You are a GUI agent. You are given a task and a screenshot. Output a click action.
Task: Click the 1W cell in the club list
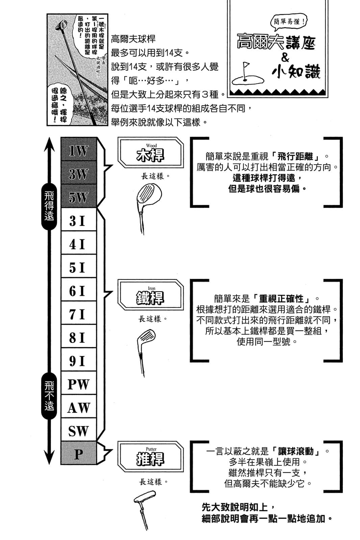(x=78, y=151)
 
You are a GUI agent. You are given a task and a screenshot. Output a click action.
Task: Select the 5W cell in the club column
(x=78, y=197)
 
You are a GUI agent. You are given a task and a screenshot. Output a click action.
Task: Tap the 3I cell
(x=78, y=221)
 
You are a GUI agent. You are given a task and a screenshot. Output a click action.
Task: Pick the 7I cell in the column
(x=78, y=314)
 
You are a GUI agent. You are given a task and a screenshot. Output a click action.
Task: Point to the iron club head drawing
(x=146, y=337)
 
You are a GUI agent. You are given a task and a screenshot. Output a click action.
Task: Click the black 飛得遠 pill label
(x=49, y=206)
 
